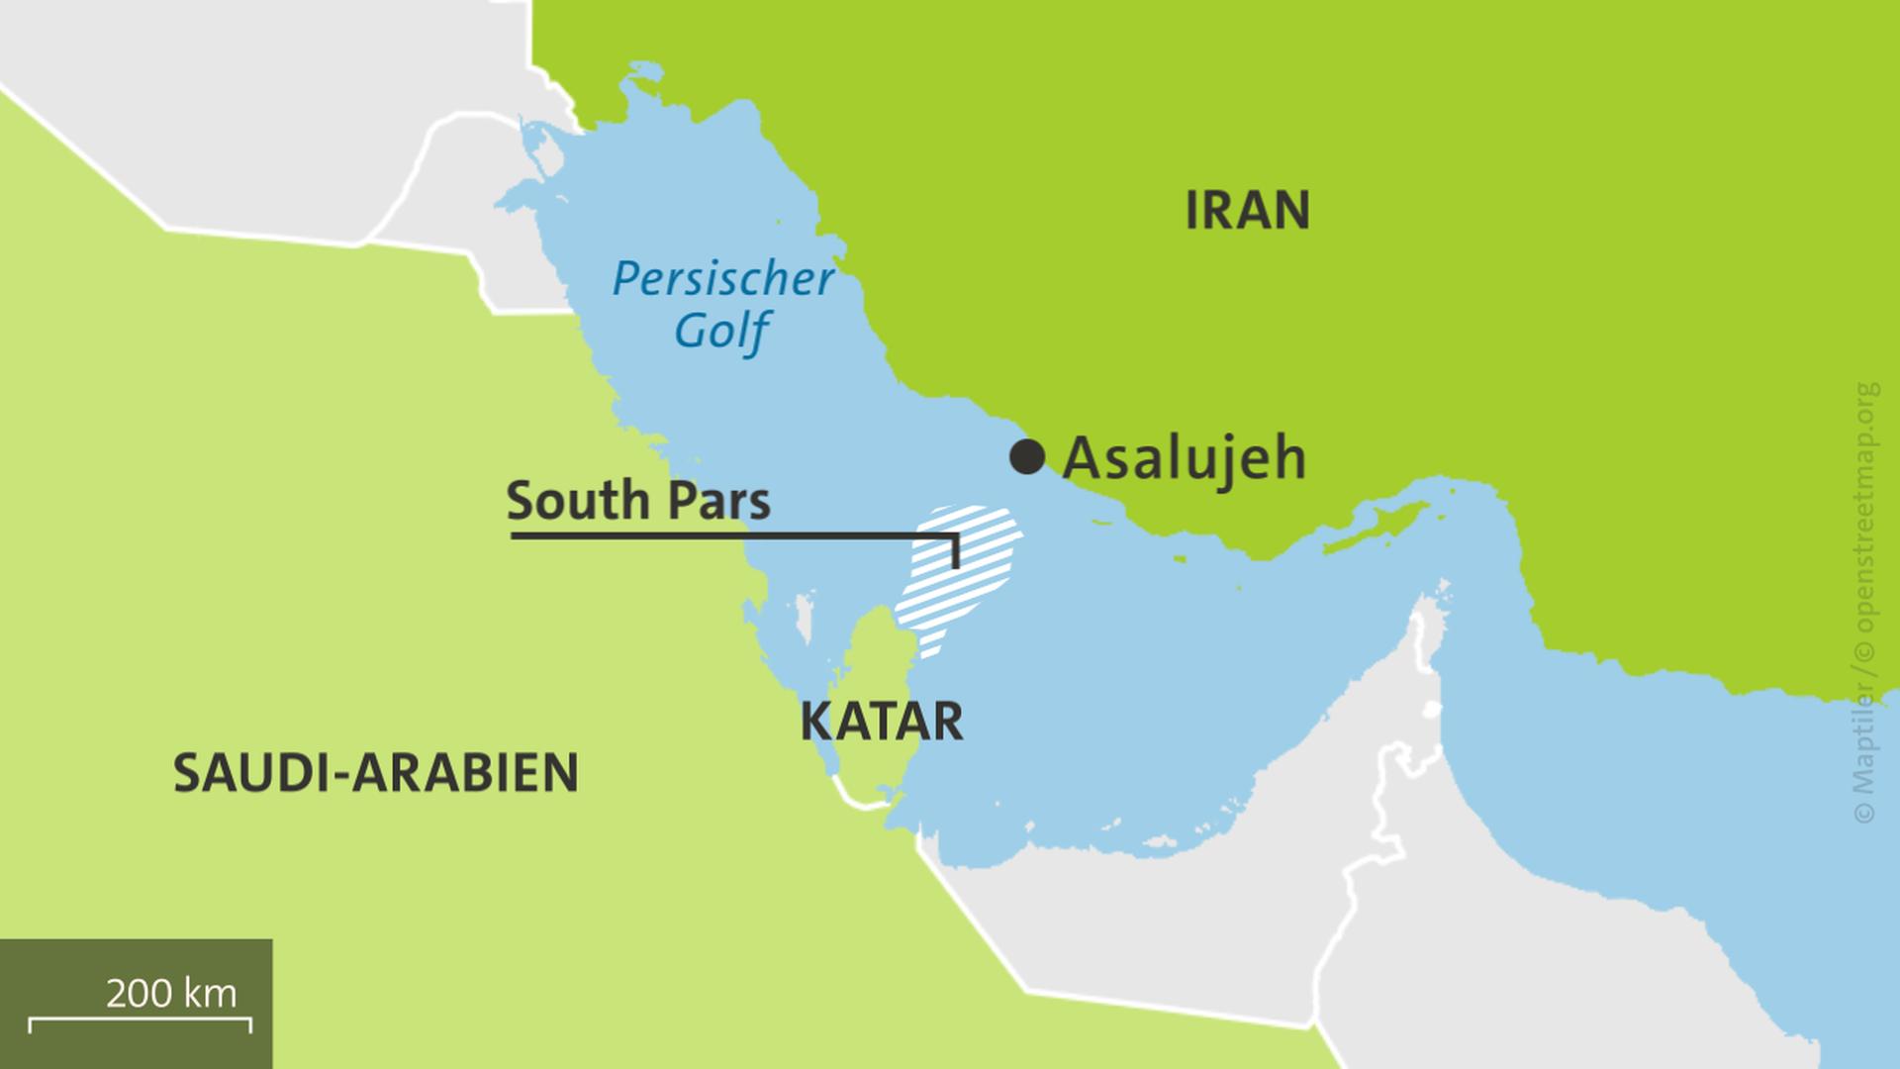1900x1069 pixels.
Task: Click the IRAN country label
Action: click(x=1247, y=210)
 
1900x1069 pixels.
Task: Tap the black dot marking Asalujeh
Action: click(x=1027, y=457)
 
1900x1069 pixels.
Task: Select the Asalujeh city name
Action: click(x=1184, y=458)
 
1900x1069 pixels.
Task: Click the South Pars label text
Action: click(x=637, y=501)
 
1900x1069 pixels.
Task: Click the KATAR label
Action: click(x=881, y=722)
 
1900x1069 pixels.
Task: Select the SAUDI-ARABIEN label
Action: click(x=376, y=773)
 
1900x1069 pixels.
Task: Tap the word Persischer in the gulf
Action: click(x=722, y=279)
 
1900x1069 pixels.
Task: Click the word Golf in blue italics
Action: click(x=721, y=331)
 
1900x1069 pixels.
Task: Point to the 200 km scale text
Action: click(x=171, y=993)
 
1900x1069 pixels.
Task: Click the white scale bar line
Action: click(x=139, y=1019)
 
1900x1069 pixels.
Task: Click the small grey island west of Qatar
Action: click(x=805, y=618)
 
